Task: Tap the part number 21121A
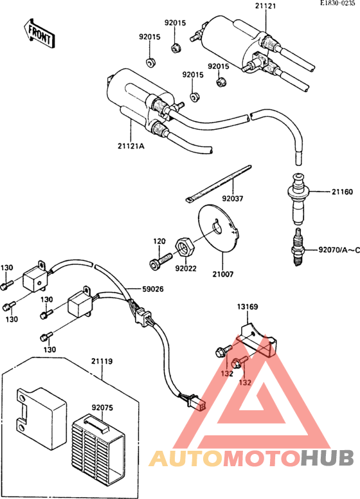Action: coord(130,146)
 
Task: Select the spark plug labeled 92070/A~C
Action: coord(298,247)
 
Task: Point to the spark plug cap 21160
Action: coord(298,198)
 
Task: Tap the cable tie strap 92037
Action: coord(218,183)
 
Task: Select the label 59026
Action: coord(152,289)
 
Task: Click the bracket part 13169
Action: coord(258,341)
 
